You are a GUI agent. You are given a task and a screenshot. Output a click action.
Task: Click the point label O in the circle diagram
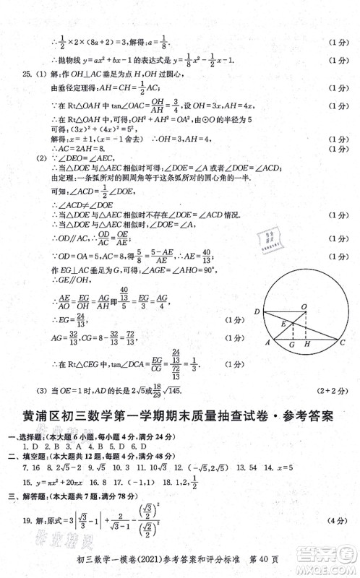tap(304, 307)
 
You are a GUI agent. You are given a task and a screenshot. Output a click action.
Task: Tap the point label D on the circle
tap(257, 312)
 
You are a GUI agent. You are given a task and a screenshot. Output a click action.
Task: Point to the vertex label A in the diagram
tap(268, 345)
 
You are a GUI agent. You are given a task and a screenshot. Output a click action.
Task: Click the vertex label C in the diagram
tap(342, 345)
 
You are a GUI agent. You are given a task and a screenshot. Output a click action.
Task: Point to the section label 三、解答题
tap(24, 496)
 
